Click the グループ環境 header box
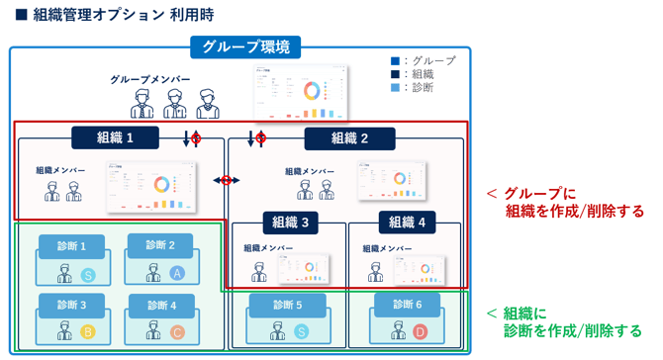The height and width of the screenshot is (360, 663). click(245, 46)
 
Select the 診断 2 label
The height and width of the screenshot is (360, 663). click(159, 245)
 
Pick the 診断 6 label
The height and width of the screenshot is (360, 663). click(406, 306)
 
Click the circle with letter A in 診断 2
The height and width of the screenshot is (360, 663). click(177, 273)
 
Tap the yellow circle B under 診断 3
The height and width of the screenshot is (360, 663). click(87, 332)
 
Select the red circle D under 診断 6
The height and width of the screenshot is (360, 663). click(420, 332)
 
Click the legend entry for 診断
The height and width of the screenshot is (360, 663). click(419, 87)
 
